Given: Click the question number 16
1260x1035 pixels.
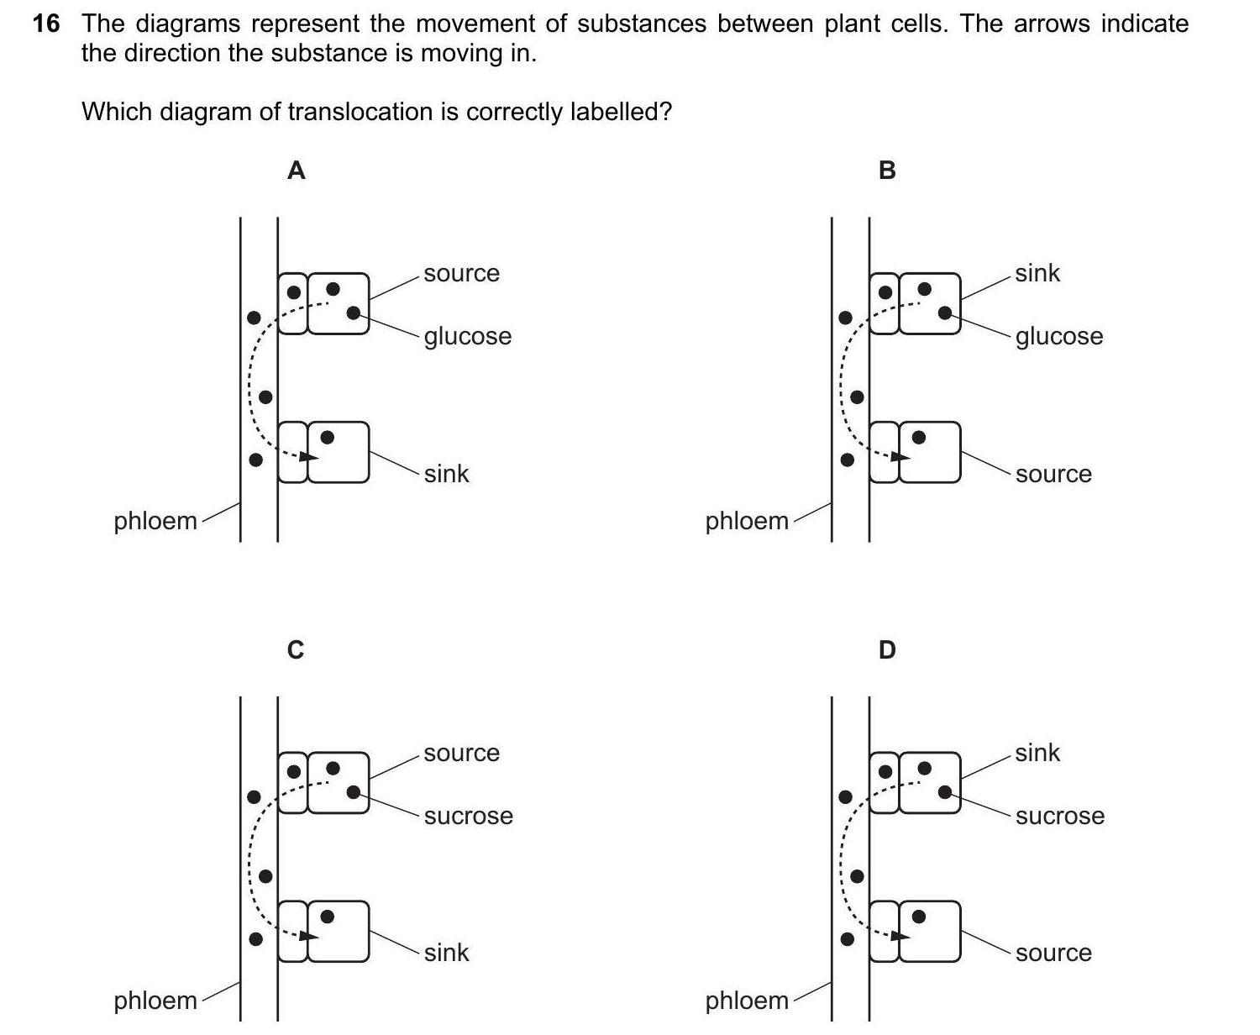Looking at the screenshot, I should pyautogui.click(x=46, y=24).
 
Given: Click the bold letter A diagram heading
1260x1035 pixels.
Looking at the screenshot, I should pyautogui.click(x=296, y=171).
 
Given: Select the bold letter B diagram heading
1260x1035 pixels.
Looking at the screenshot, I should pyautogui.click(x=887, y=171).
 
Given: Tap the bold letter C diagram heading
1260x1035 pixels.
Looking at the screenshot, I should pyautogui.click(x=296, y=650).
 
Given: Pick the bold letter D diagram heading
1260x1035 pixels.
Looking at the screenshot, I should pyautogui.click(x=887, y=650).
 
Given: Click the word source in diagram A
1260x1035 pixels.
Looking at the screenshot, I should pyautogui.click(x=461, y=273).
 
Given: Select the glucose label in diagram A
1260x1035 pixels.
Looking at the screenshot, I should pyautogui.click(x=467, y=336).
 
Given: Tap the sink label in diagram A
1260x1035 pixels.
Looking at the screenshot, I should pyautogui.click(x=446, y=474).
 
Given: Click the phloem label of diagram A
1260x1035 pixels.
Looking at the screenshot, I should pyautogui.click(x=155, y=521).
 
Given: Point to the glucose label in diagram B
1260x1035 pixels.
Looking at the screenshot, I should pyautogui.click(x=1058, y=336).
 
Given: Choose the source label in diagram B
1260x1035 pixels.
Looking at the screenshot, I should pyautogui.click(x=1053, y=474).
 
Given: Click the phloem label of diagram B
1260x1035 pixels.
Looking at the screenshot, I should pyautogui.click(x=747, y=521).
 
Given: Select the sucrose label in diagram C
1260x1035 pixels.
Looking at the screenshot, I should pyautogui.click(x=468, y=816).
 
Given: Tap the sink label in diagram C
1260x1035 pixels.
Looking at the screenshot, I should pyautogui.click(x=446, y=953).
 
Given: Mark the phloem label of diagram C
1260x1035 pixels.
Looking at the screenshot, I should pyautogui.click(x=155, y=1001).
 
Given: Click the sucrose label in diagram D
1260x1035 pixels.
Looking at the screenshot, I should pyautogui.click(x=1059, y=816).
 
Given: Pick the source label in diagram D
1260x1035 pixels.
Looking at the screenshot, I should pyautogui.click(x=1053, y=953).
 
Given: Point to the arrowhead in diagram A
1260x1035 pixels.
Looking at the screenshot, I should pyautogui.click(x=310, y=457).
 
